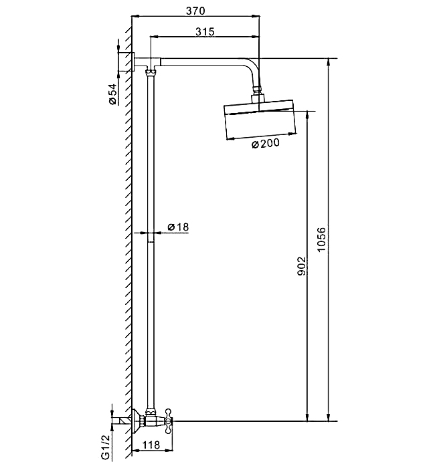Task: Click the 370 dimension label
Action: point(195,11)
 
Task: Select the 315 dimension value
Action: point(205,31)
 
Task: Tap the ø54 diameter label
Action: point(112,94)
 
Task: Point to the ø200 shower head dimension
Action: point(265,144)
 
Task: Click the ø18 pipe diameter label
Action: point(178,227)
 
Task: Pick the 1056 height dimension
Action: point(321,239)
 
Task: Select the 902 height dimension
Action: point(301,266)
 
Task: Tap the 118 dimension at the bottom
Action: point(151,445)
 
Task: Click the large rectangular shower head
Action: point(260,119)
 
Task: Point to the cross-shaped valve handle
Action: point(169,421)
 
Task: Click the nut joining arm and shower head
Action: point(258,88)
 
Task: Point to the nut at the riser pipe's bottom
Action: point(151,411)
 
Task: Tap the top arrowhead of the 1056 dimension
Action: point(328,62)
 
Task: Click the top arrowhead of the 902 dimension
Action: point(308,115)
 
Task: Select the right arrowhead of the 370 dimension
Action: point(256,16)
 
